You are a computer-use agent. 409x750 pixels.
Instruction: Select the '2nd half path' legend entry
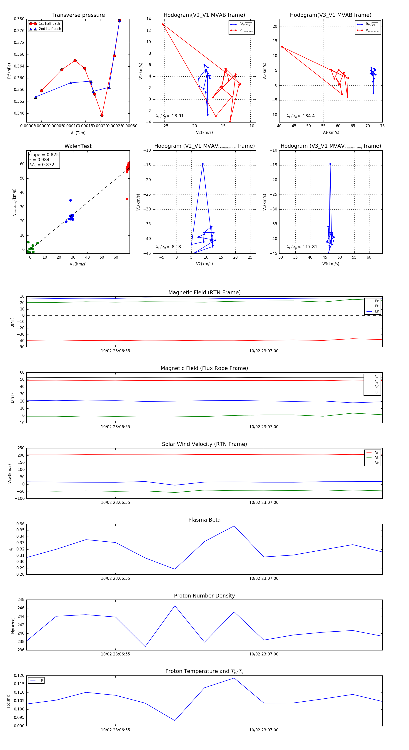pyautogui.click(x=50, y=29)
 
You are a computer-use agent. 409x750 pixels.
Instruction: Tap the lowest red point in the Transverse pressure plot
pyautogui.click(x=102, y=115)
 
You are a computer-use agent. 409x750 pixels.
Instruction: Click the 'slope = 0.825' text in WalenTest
pyautogui.click(x=44, y=155)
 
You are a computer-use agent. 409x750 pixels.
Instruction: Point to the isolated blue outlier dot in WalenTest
pyautogui.click(x=70, y=200)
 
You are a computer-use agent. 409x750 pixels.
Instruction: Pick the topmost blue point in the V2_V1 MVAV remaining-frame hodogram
pyautogui.click(x=203, y=164)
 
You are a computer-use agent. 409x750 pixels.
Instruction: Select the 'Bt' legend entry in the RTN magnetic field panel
pyautogui.click(x=377, y=306)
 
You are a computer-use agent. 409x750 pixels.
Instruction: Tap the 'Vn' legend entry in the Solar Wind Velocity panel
pyautogui.click(x=377, y=463)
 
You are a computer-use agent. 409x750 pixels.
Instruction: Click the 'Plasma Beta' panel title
pyautogui.click(x=204, y=520)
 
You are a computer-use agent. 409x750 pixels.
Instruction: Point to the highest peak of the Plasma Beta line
pyautogui.click(x=234, y=526)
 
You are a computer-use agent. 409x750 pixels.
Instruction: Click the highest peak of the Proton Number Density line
pyautogui.click(x=175, y=606)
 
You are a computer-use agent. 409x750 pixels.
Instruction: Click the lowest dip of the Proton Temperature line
pyautogui.click(x=175, y=720)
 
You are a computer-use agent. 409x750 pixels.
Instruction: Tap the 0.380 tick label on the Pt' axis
pyautogui.click(x=19, y=19)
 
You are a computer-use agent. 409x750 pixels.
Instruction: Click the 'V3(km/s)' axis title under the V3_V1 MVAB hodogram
pyautogui.click(x=331, y=132)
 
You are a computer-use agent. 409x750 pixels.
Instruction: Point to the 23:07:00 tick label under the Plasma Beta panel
pyautogui.click(x=264, y=578)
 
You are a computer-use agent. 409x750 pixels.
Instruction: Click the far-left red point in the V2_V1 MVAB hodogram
pyautogui.click(x=163, y=24)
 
